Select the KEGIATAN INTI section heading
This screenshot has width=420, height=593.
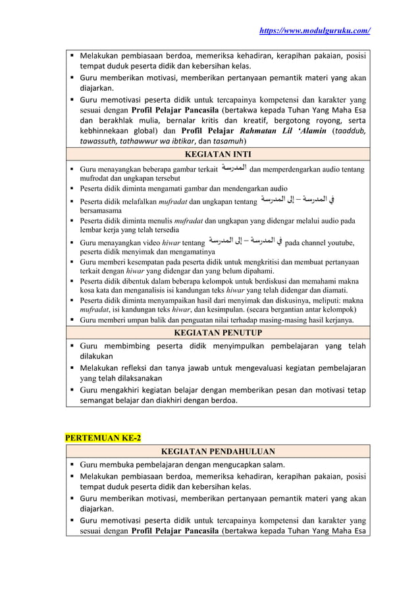pyautogui.click(x=217, y=155)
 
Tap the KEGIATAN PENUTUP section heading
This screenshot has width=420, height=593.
pyautogui.click(x=217, y=333)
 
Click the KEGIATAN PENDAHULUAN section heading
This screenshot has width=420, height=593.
pyautogui.click(x=217, y=451)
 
